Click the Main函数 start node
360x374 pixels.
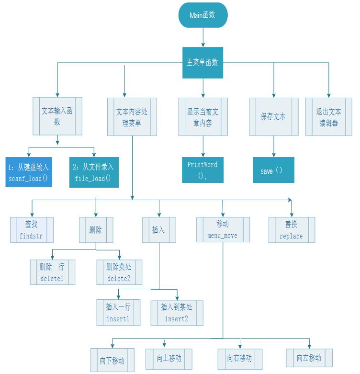tap(202, 15)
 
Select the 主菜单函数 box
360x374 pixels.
tap(202, 63)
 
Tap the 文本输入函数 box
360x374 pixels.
tap(57, 116)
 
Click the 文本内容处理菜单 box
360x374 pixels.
tap(132, 116)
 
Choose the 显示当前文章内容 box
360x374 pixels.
tap(202, 116)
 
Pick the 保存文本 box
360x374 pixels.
tap(273, 116)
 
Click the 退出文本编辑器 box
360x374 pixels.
tap(328, 116)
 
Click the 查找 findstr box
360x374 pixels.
tap(32, 230)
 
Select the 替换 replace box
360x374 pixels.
tap(291, 230)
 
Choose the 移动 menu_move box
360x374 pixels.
tap(223, 230)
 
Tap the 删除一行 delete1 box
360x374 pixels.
tap(52, 272)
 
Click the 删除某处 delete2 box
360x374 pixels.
tap(119, 272)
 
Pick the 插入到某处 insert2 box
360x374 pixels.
tap(177, 313)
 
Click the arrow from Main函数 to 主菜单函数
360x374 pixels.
tap(203, 37)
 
